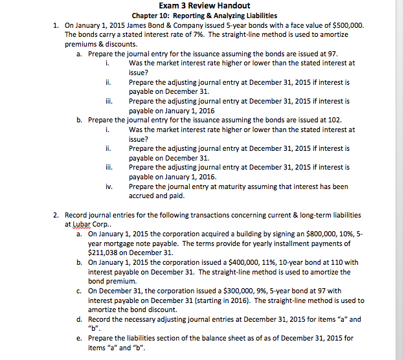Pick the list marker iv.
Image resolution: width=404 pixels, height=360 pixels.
pos(108,186)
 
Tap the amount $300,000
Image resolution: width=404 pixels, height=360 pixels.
pos(240,291)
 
